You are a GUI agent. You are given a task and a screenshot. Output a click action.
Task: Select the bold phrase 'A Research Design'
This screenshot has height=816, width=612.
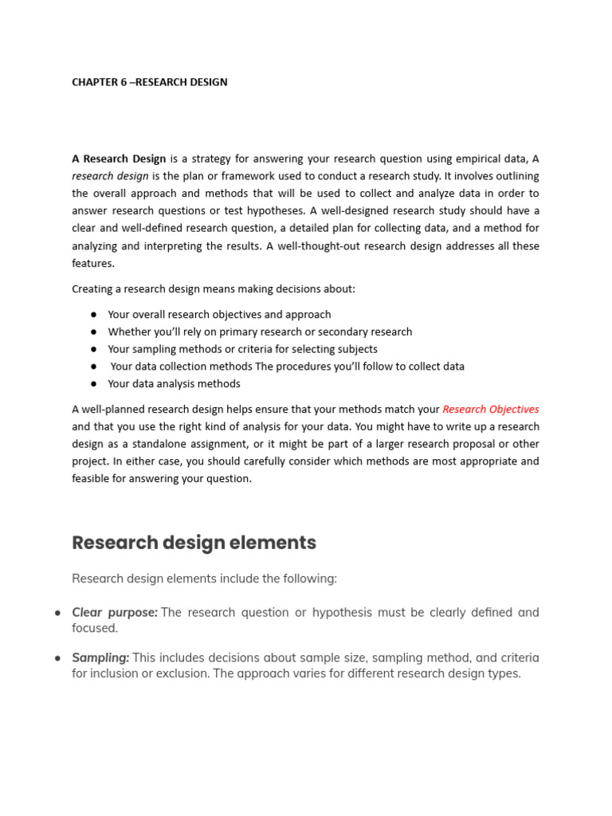119,159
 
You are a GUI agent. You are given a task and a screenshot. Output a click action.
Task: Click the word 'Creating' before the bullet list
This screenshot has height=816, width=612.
92,288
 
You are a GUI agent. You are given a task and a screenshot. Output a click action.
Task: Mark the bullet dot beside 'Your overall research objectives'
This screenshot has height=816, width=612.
93,315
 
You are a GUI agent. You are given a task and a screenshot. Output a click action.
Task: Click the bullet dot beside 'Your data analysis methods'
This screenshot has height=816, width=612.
93,384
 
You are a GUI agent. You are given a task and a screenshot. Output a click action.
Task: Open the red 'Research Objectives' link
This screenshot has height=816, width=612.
490,410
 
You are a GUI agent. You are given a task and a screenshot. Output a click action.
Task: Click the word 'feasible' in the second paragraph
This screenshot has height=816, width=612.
92,479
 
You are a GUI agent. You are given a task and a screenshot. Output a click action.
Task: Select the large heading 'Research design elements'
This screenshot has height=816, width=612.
194,543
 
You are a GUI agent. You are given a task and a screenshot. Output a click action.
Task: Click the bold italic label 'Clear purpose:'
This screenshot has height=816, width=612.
115,613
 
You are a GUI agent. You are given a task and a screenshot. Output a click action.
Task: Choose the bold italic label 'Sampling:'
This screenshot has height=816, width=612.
100,657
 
